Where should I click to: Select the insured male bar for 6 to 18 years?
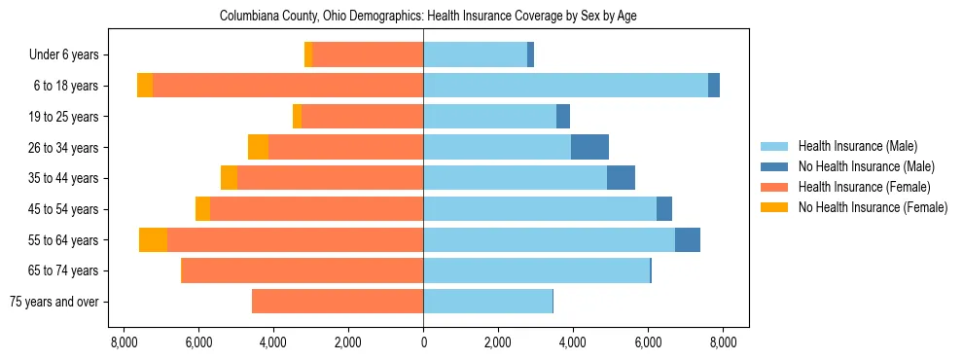pyautogui.click(x=565, y=86)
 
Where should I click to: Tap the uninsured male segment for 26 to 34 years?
pyautogui.click(x=589, y=147)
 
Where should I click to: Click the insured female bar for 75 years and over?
pyautogui.click(x=338, y=302)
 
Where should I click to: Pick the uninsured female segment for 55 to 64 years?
pyautogui.click(x=153, y=240)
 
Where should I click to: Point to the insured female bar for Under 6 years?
pyautogui.click(x=368, y=55)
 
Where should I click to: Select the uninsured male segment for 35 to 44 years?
pyautogui.click(x=621, y=178)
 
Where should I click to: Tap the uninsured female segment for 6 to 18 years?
pyautogui.click(x=145, y=86)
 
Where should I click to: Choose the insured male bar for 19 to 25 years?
pyautogui.click(x=489, y=117)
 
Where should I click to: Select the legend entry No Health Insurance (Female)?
pyautogui.click(x=873, y=207)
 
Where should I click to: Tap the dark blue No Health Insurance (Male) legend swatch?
pyautogui.click(x=774, y=166)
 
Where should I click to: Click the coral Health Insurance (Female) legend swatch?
pyautogui.click(x=774, y=187)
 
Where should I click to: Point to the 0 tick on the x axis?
pyautogui.click(x=423, y=342)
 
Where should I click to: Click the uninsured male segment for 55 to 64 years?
pyautogui.click(x=688, y=240)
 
